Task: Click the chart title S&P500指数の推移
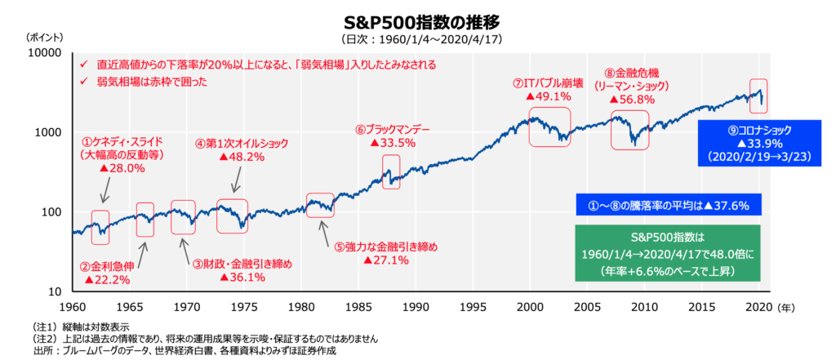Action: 416,20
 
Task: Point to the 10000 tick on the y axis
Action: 47,52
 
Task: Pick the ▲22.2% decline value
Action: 106,279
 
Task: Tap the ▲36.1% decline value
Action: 242,278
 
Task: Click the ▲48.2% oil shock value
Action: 242,157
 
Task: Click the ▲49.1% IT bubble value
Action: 548,96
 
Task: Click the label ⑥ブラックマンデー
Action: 392,128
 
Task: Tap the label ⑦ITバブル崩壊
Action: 548,82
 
